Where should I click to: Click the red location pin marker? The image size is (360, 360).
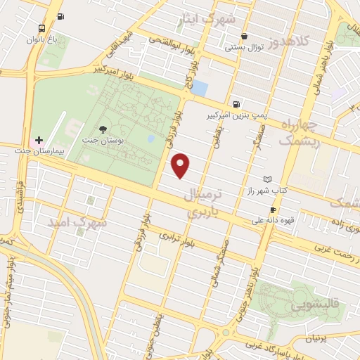181,165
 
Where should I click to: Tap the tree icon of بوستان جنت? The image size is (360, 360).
103,129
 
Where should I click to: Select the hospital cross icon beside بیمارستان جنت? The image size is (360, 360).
39,140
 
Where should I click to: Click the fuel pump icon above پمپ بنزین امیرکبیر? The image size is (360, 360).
234,101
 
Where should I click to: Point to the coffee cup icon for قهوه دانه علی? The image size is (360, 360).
273,210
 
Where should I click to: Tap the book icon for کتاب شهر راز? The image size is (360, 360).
266,180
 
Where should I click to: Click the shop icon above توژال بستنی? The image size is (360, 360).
243,36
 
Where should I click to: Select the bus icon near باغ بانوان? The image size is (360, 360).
42,29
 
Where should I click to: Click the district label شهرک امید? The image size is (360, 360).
78,221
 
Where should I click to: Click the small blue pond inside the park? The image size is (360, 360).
150,138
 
